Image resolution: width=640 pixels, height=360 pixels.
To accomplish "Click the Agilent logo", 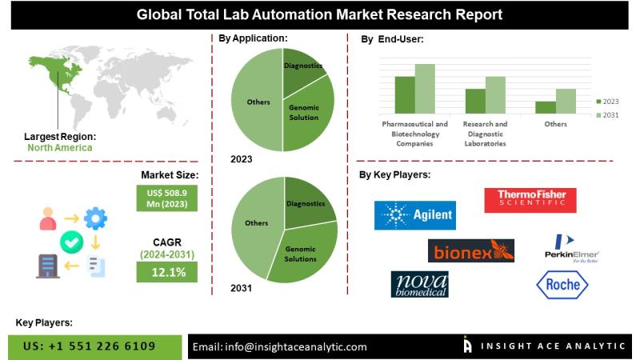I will tap(414, 215).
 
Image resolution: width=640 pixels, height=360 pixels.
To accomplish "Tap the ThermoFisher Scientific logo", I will tap(530, 200).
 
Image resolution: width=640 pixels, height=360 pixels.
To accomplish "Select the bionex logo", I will tap(470, 251).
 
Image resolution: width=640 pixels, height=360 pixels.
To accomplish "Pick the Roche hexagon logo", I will tap(562, 285).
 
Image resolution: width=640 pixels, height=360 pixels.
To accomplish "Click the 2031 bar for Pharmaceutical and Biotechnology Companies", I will tap(425, 88).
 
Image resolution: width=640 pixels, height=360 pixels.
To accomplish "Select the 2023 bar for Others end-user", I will tap(546, 106).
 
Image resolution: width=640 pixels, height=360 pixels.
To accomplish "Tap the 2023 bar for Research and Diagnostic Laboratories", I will tap(475, 100).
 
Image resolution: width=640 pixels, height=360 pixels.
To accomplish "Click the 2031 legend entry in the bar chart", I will tap(609, 115).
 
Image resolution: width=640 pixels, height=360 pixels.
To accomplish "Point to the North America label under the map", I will tap(59, 147).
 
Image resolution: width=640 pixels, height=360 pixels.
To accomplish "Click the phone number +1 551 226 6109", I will tap(89, 346).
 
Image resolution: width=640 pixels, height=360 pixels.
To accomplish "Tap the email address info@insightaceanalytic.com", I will tap(280, 346).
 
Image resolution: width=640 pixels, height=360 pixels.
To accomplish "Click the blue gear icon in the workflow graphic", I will tap(95, 217).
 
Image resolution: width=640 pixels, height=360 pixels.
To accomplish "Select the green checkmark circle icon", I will tap(70, 241).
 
